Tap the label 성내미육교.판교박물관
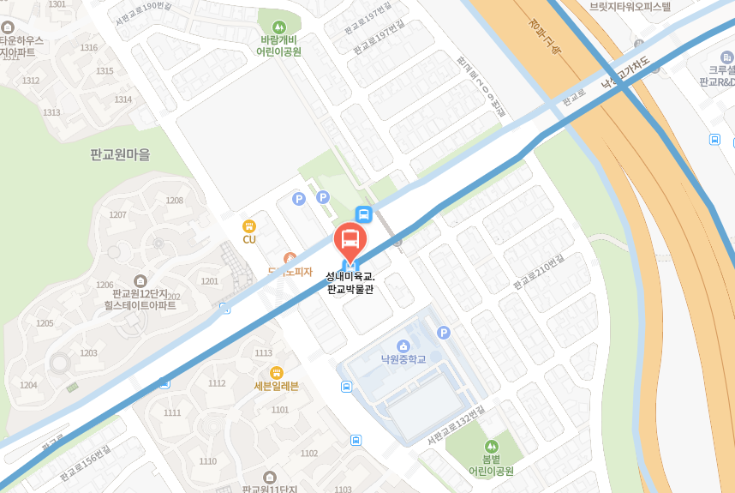point(350,283)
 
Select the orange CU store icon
point(249,226)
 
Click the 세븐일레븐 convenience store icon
point(276,372)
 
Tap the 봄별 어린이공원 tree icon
point(491,446)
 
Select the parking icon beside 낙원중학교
point(443,332)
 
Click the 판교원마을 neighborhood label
point(120,155)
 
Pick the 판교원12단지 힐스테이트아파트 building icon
point(140,280)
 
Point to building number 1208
point(174,201)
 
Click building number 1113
point(263,353)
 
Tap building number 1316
point(88,47)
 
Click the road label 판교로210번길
point(539,272)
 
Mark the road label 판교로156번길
point(85,463)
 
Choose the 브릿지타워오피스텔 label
point(630,6)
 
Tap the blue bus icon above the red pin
point(364,214)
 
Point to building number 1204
point(28,385)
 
